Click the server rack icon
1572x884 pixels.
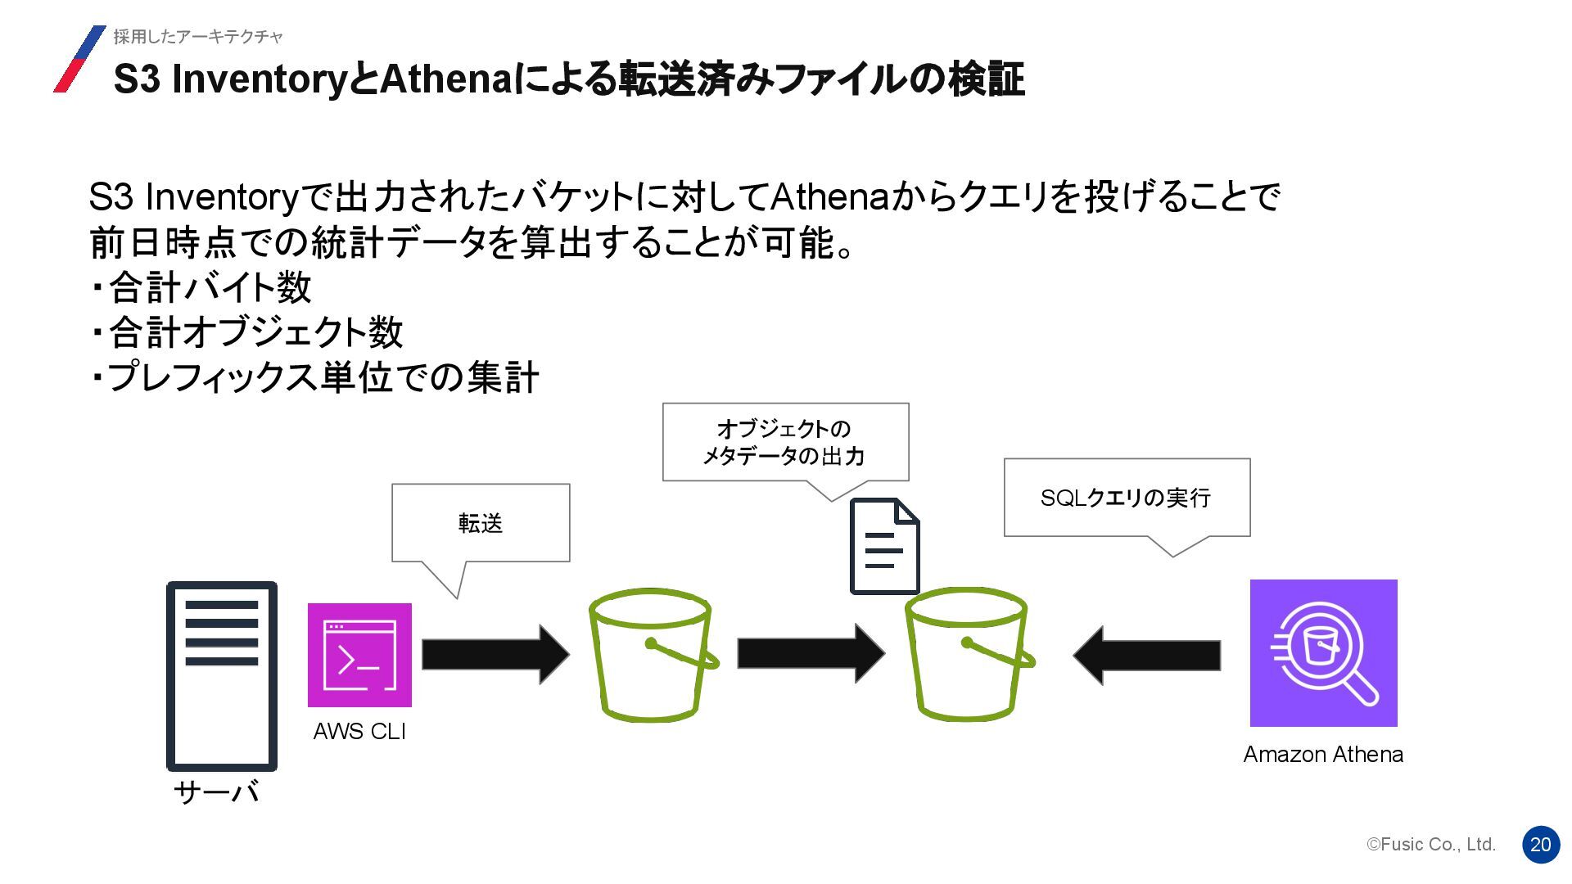[222, 676]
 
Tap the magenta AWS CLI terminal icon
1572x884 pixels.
[359, 655]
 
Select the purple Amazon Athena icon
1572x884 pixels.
[1323, 653]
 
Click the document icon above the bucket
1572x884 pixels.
[884, 546]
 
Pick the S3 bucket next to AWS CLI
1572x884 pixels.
[652, 655]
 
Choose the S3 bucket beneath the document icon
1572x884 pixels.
[968, 655]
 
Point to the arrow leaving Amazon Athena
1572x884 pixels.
[1147, 655]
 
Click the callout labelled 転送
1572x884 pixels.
[481, 523]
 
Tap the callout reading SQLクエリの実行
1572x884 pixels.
[1127, 498]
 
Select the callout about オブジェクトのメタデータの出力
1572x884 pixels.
[785, 442]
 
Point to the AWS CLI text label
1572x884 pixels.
[359, 732]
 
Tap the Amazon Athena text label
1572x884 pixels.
[1323, 755]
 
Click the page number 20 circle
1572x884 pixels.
[1541, 845]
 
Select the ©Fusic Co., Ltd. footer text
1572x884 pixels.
[1431, 845]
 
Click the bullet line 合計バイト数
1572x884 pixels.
[201, 287]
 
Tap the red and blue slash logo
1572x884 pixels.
[79, 59]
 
